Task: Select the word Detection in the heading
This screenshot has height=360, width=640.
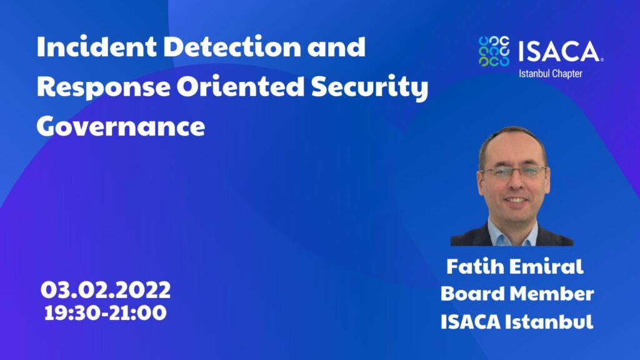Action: click(x=232, y=46)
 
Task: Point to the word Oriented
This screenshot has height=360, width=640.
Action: click(x=241, y=86)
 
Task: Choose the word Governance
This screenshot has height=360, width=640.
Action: click(x=121, y=126)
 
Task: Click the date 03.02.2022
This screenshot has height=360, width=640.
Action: click(x=106, y=290)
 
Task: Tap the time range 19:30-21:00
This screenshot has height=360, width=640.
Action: click(x=105, y=313)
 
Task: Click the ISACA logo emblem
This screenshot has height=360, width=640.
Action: click(x=494, y=51)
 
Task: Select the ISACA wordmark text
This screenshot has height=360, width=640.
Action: click(x=561, y=51)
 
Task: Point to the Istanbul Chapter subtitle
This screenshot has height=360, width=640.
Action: click(x=550, y=74)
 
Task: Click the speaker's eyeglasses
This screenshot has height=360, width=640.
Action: click(x=514, y=172)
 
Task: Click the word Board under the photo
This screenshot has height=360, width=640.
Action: click(x=472, y=294)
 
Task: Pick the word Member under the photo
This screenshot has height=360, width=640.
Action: click(x=552, y=294)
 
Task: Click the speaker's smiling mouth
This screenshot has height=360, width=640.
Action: click(x=516, y=201)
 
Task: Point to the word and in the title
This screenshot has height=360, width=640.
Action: click(x=336, y=46)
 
